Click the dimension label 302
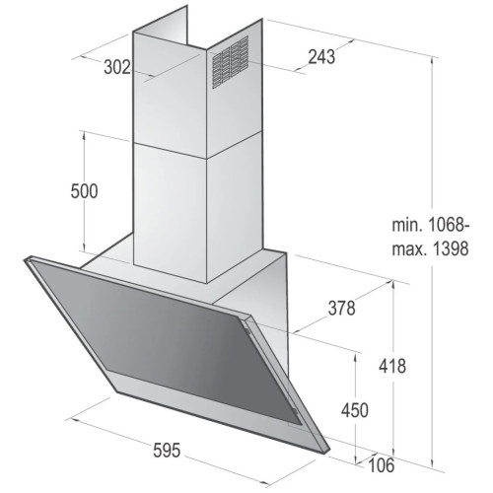pos(117,67)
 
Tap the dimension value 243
pos(321,56)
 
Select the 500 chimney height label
pos(84,191)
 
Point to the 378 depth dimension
pos(342,309)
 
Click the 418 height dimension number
pos(392,366)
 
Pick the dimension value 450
pos(355,410)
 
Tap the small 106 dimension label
pos(382,465)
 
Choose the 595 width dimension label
pos(167,451)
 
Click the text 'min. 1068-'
pos(431,226)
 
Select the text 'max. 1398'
pos(430,248)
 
